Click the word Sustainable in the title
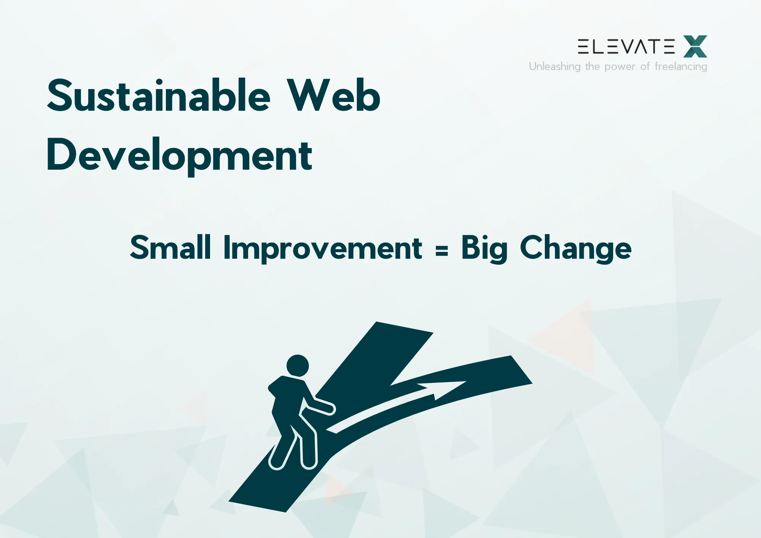point(158,96)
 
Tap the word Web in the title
point(333,96)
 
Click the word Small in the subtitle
point(170,248)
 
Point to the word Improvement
point(323,248)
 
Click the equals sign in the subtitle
point(441,250)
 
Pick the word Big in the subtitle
point(484,248)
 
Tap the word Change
point(575,248)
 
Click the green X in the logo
point(695,46)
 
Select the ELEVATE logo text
point(626,46)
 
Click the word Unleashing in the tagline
point(554,67)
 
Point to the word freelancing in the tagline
point(681,67)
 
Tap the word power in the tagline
point(620,67)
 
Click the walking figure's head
point(298,366)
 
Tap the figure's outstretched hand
point(330,408)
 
